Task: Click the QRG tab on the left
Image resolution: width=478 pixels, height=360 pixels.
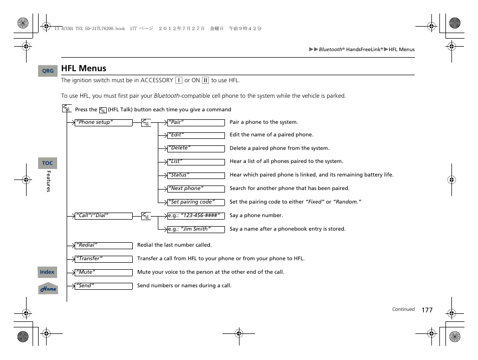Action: point(48,71)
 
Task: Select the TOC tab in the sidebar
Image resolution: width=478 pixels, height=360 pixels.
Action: point(48,163)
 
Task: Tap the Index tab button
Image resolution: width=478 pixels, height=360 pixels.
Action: point(48,272)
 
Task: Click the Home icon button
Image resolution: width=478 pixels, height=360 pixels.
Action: point(48,289)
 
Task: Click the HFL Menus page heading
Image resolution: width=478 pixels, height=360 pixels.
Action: point(84,68)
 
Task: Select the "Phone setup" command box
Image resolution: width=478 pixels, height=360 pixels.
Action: point(103,122)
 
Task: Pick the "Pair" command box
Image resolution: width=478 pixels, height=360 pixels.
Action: point(196,122)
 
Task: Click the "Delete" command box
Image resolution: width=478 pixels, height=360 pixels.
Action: point(196,148)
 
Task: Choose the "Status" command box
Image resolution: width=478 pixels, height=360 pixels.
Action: point(196,175)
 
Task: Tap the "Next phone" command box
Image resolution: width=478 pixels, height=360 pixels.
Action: point(196,189)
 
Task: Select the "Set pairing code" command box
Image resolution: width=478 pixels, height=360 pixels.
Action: point(196,202)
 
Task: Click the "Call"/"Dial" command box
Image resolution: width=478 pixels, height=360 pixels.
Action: point(103,216)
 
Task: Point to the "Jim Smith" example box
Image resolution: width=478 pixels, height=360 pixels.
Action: point(196,229)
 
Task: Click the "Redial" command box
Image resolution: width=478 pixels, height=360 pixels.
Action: point(103,246)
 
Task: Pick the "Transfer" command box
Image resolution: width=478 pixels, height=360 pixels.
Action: point(103,259)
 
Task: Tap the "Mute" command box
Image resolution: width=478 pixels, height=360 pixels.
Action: point(103,273)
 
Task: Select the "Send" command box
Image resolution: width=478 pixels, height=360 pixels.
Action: point(103,286)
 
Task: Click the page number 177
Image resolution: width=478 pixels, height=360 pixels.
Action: point(426,310)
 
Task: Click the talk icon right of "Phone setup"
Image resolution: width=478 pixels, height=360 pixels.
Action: point(146,123)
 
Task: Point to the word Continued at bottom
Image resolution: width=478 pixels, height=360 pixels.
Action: point(403,309)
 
